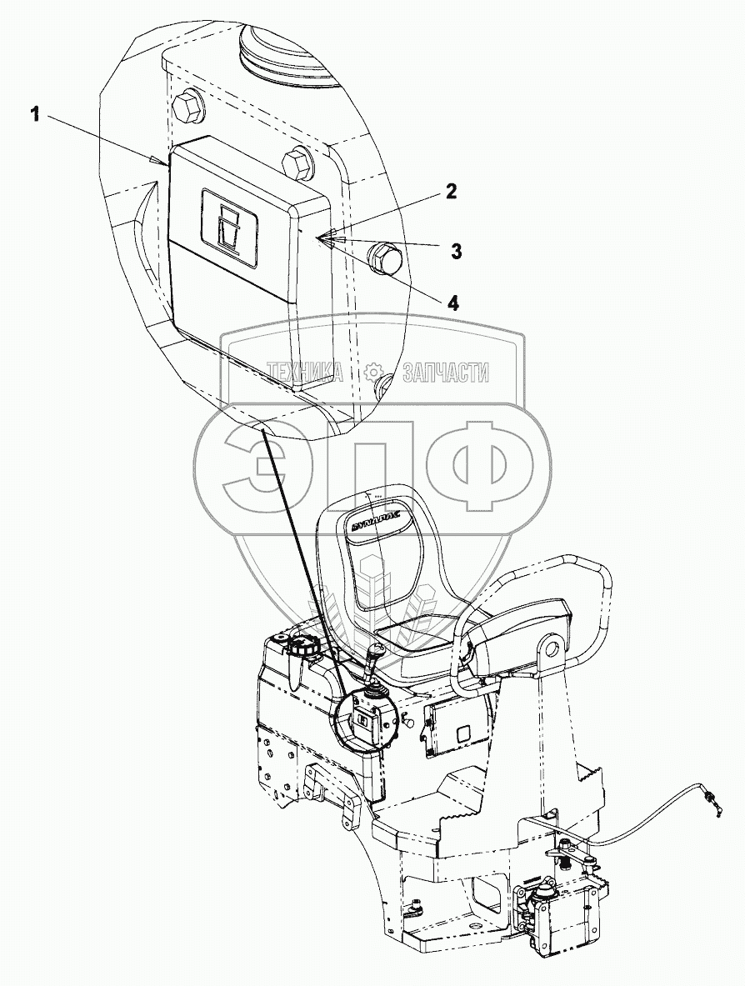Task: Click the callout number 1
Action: click(35, 116)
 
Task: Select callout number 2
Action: click(450, 191)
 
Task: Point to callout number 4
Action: click(452, 303)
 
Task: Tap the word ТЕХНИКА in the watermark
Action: click(305, 373)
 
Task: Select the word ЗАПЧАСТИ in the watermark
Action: click(446, 373)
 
